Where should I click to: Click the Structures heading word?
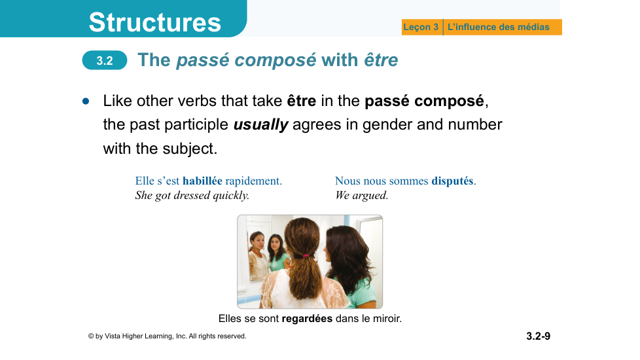coord(154,22)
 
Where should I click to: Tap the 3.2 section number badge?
coord(105,60)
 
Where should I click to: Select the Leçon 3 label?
coord(420,27)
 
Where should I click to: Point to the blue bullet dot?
coord(86,101)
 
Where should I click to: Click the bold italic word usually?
coord(261,124)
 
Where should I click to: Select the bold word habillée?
coord(202,181)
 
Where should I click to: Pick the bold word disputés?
coord(453,181)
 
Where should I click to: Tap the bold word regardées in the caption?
coord(307,318)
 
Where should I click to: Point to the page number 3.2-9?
coord(538,336)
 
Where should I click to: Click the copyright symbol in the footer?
coord(90,336)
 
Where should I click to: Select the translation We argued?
coord(361,196)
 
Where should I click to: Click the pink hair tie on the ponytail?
coord(306,256)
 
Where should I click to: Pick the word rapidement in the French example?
coord(253,181)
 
